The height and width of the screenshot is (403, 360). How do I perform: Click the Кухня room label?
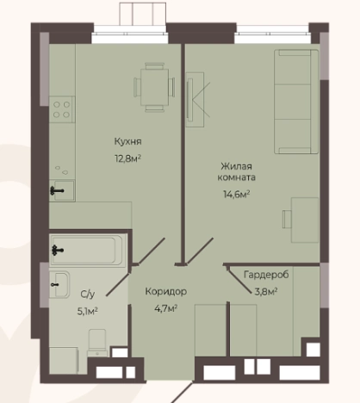click(127, 141)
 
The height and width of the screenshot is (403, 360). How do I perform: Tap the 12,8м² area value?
click(128, 158)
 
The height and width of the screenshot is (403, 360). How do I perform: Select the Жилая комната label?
click(236, 171)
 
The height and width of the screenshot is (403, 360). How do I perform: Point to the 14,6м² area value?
click(236, 195)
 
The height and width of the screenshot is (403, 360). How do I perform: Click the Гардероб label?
click(266, 275)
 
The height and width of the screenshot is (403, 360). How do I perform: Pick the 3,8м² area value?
click(266, 292)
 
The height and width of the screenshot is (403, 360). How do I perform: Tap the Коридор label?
click(166, 291)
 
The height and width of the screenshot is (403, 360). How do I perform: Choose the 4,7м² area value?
click(165, 308)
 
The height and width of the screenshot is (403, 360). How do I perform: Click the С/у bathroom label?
click(88, 294)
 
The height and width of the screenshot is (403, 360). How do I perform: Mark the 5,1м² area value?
click(88, 311)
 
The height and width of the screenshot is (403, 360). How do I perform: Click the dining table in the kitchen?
click(154, 87)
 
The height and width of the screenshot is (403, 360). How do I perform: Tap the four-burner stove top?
click(62, 109)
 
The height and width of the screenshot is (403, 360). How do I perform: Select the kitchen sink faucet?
click(57, 190)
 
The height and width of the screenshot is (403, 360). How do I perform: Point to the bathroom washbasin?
click(59, 284)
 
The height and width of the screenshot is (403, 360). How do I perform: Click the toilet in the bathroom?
click(97, 343)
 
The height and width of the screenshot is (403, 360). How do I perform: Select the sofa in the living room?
click(296, 102)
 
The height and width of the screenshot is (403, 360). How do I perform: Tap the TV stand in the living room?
click(195, 99)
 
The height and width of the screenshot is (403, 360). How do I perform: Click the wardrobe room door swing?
click(240, 279)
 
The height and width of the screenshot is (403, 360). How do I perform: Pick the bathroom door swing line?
click(118, 284)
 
